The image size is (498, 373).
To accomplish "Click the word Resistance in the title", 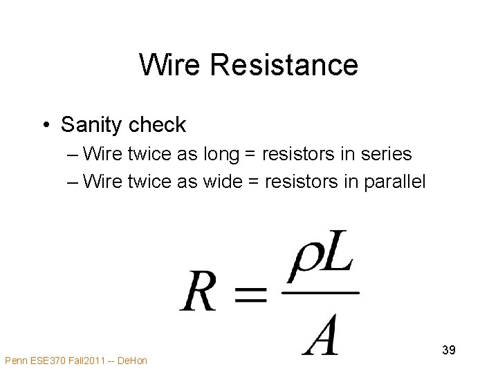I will click(x=284, y=65).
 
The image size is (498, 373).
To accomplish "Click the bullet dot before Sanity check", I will click(x=45, y=125).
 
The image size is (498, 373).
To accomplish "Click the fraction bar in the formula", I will click(x=320, y=293).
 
